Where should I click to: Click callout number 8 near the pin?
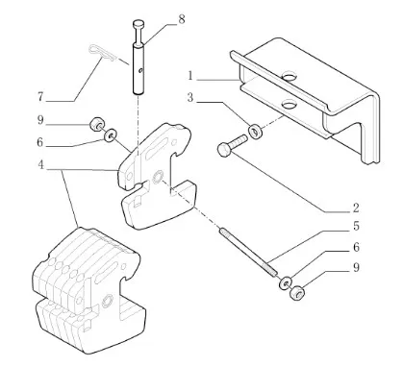pos(182,19)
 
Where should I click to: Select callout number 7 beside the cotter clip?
pos(40,96)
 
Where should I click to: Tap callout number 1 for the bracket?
pos(190,76)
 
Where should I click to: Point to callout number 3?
pos(190,97)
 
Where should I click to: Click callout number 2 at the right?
pos(356,208)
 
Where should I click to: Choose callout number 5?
pos(356,226)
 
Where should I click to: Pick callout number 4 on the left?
pos(40,165)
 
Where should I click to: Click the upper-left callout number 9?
pos(40,120)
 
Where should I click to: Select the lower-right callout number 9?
pos(356,267)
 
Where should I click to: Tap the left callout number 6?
pos(40,142)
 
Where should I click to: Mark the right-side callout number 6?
pos(356,247)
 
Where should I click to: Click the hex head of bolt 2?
pos(223,150)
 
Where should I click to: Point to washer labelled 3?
pos(256,132)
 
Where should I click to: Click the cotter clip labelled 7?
pos(100,53)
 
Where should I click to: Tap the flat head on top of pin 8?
pos(139,23)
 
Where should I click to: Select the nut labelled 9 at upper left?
pos(95,124)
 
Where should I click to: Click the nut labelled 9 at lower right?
pos(297,292)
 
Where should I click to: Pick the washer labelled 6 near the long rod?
pos(285,282)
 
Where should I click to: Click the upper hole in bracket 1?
pos(289,77)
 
